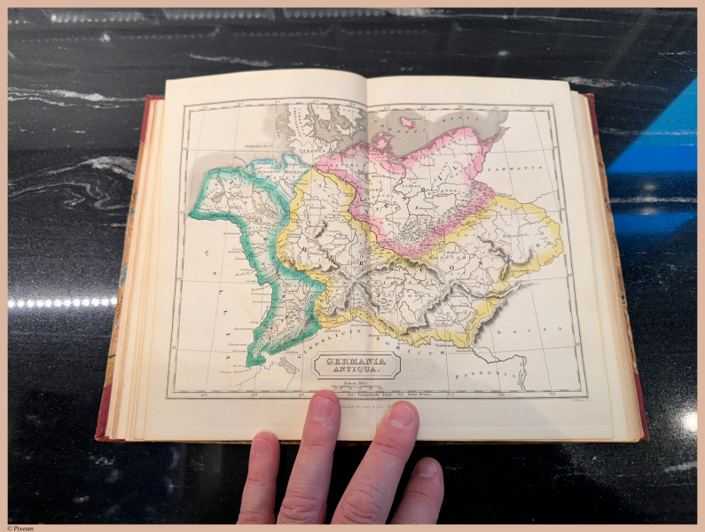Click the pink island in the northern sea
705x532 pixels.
click(x=408, y=122)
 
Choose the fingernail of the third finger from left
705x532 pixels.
click(x=402, y=415)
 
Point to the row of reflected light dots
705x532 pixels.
click(x=62, y=302)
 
